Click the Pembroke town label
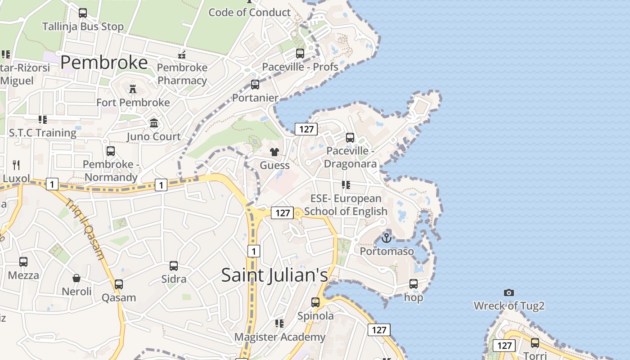point(104,63)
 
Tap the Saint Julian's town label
point(274,275)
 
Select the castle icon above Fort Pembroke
point(133,89)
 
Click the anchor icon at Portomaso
point(386,238)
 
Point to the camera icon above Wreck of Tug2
point(509,292)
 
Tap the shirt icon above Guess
point(274,152)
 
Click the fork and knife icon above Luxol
point(16,165)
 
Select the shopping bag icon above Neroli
point(76,278)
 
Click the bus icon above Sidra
point(174,266)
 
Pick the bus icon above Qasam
point(119,284)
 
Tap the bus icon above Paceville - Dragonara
point(350,138)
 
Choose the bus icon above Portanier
point(255,85)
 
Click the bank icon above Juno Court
point(154,123)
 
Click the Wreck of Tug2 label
point(509,306)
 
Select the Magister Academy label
point(279,337)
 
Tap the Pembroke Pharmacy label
point(182,74)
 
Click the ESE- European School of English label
point(346,205)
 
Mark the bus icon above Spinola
point(315,302)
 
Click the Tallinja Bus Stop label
point(83,27)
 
